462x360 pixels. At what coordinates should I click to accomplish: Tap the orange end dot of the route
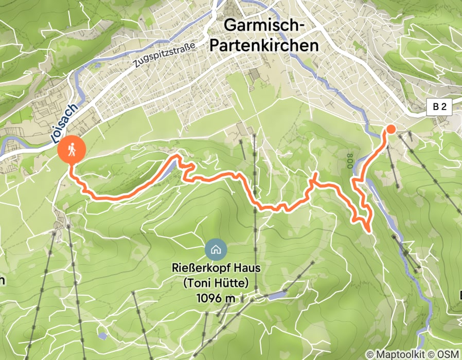390,129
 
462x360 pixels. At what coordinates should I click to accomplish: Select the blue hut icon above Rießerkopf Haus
216,250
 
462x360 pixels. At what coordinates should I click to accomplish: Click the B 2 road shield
439,107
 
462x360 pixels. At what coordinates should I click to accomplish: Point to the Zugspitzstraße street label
164,56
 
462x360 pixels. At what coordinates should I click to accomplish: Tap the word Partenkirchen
264,45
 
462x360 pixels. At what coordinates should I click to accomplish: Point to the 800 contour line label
349,160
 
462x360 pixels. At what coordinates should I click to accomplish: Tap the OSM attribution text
448,354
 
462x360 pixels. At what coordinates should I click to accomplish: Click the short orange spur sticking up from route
313,177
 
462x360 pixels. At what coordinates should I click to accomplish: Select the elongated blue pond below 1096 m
276,295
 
